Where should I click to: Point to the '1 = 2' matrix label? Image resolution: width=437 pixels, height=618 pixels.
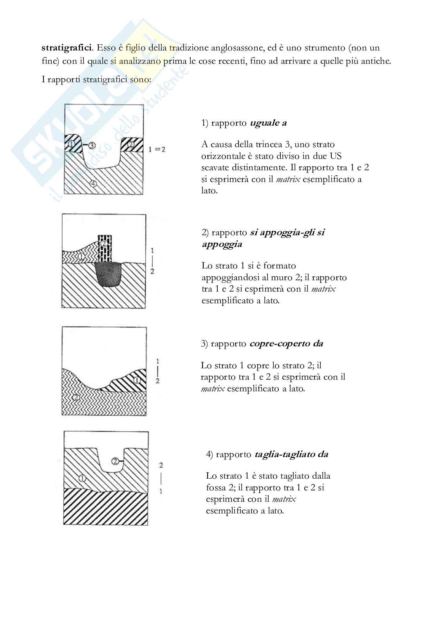click(157, 149)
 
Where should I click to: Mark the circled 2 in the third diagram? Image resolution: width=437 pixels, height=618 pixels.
click(76, 397)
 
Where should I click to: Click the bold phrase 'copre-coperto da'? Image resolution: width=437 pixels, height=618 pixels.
click(286, 344)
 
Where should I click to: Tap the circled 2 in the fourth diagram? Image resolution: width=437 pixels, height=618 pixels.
click(115, 461)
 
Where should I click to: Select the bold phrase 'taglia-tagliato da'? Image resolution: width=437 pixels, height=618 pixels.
click(291, 454)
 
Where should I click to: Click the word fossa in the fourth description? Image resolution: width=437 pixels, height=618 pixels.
click(216, 488)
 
